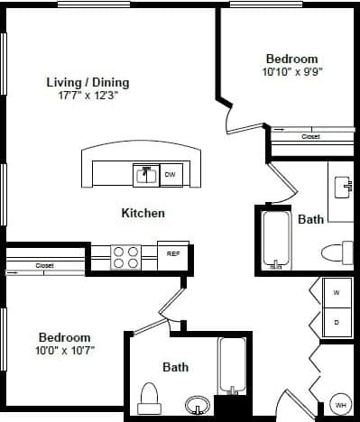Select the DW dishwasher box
point(170,175)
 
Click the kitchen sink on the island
point(145,175)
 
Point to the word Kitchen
point(143,214)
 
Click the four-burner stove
point(125,257)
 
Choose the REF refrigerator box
point(173,254)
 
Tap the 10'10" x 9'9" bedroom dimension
point(291,71)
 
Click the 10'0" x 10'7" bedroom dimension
point(64,349)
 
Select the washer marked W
point(336,293)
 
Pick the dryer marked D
point(336,321)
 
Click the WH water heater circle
point(340,405)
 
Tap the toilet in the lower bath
point(150,397)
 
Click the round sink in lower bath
point(195,403)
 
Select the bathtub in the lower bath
point(232,365)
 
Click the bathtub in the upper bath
point(274,239)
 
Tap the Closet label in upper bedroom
point(310,137)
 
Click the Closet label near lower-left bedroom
point(44,266)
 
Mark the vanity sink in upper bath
point(342,188)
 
